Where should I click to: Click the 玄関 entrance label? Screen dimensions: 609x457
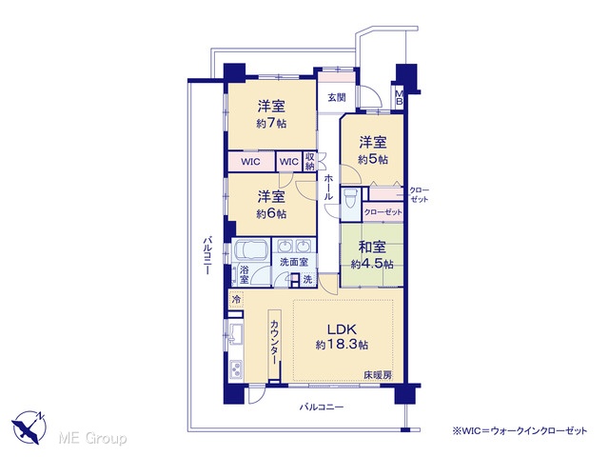point(336,97)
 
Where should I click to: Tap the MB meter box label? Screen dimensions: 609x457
point(399,97)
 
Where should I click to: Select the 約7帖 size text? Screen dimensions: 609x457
point(271,124)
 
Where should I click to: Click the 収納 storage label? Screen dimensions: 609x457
point(309,162)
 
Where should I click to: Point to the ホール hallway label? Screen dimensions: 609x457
point(328,188)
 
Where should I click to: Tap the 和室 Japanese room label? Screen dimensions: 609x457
point(372,247)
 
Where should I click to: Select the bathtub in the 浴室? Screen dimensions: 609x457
point(250,250)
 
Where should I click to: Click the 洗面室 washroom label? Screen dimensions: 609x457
point(294,262)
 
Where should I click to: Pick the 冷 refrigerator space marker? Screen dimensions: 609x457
point(235,300)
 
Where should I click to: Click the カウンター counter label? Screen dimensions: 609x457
point(275,342)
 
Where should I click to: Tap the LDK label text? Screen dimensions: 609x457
point(342,329)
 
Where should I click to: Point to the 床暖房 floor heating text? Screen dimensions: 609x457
point(378,375)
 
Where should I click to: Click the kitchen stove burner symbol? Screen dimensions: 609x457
point(236,369)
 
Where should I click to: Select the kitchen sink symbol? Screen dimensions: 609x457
point(235,334)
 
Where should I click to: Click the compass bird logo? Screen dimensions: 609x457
point(29,427)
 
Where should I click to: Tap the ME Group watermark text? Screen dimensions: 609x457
point(92,438)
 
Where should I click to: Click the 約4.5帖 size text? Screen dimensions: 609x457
point(372,265)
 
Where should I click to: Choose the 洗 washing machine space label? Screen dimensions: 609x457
point(307,279)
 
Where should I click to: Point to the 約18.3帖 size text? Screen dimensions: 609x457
point(342,345)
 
